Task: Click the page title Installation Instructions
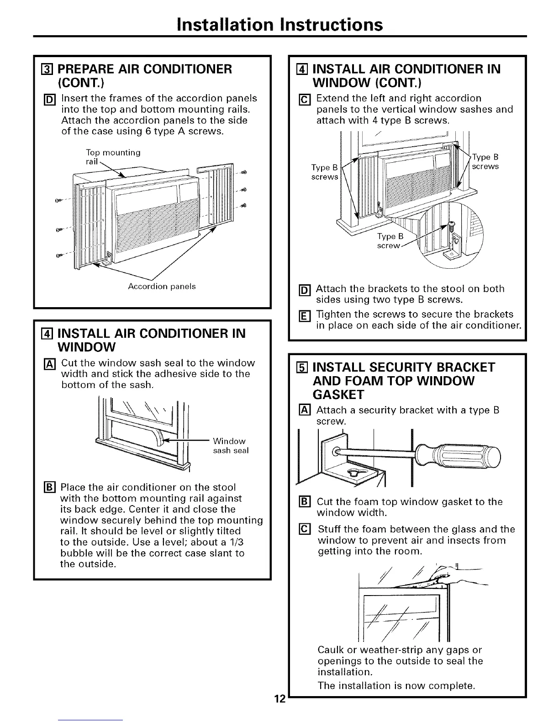pos(279,24)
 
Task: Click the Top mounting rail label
pos(113,157)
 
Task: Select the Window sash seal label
pos(231,446)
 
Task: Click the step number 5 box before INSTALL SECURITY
pos(300,367)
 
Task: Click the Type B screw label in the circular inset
pos(390,241)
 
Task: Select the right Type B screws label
pos(485,162)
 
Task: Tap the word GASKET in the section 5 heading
pos(338,394)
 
